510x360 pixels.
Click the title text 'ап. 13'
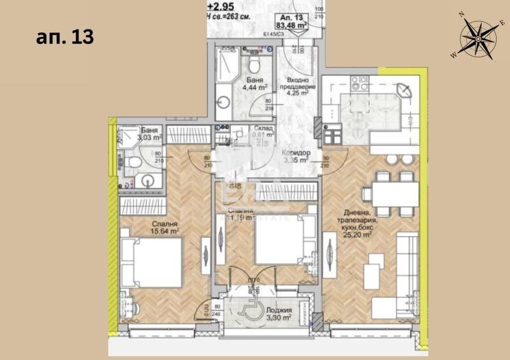click(x=64, y=36)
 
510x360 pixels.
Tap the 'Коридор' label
click(x=296, y=154)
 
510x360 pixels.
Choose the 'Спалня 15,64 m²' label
click(x=165, y=227)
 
